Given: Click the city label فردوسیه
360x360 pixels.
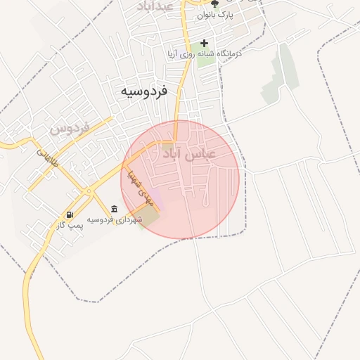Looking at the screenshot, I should (143, 91).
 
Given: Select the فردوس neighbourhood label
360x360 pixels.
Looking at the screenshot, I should (70, 129).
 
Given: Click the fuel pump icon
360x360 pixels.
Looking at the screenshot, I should (70, 214).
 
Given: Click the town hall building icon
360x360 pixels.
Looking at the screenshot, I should (114, 209).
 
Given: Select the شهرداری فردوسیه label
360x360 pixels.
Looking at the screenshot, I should (115, 220).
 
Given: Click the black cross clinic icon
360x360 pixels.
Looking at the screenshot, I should (205, 43).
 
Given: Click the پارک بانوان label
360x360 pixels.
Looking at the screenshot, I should (214, 14).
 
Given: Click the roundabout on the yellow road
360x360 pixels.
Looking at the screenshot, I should (89, 191).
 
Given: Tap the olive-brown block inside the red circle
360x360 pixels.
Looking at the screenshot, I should (148, 217).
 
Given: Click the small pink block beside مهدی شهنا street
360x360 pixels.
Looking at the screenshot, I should (157, 201).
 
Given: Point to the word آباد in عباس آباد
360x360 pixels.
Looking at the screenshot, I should (175, 154).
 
